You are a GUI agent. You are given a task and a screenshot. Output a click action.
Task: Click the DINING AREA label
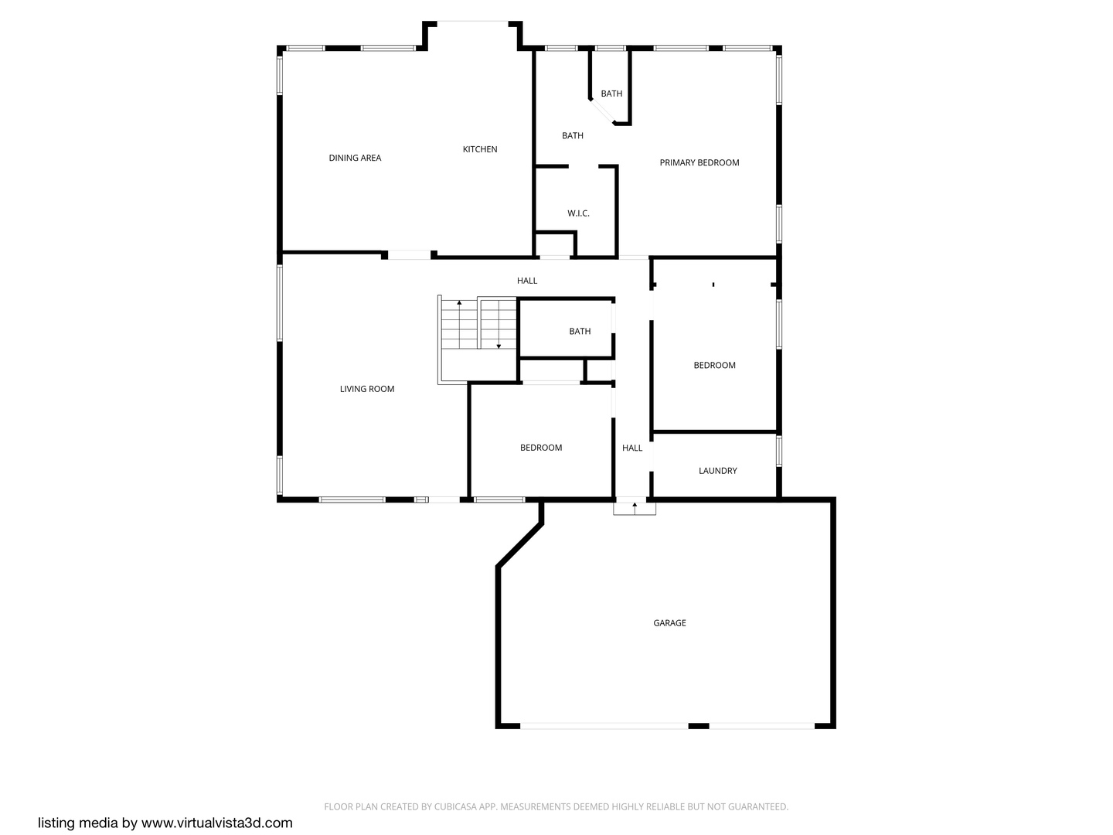tap(355, 158)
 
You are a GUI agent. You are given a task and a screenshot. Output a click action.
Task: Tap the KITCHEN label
tap(480, 149)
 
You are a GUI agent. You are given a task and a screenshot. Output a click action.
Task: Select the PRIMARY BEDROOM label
tap(699, 162)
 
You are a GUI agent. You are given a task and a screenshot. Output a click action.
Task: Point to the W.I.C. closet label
tap(578, 213)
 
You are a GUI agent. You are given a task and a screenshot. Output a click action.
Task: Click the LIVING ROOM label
tap(367, 389)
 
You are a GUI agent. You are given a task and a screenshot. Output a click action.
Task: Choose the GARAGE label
tap(669, 623)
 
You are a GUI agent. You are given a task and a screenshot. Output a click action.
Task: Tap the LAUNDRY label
tap(717, 471)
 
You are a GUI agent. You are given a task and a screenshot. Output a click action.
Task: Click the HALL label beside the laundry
tap(632, 448)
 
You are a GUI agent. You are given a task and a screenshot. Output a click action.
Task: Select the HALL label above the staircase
tap(527, 281)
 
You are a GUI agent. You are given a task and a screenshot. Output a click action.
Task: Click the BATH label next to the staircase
tap(580, 332)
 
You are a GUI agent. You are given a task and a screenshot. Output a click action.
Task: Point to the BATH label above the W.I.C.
tap(573, 136)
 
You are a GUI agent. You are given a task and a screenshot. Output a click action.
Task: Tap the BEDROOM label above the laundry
tap(714, 365)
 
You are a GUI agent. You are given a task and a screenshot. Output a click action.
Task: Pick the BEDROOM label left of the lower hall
tap(541, 448)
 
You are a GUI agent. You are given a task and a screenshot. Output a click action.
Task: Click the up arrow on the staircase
tap(460, 304)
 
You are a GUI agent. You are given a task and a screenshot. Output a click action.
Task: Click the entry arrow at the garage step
tap(635, 507)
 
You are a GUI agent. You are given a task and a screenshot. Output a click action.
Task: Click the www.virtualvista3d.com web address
tap(217, 823)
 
